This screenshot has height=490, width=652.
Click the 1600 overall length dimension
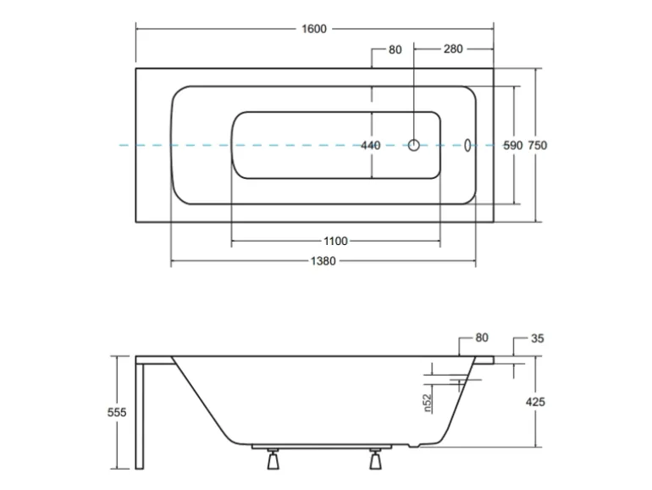314,29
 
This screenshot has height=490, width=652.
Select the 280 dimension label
452,49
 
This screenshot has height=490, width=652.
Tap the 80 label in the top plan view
395,49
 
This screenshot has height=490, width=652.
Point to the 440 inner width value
371,146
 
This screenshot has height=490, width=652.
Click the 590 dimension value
514,146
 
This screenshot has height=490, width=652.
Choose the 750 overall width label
538,146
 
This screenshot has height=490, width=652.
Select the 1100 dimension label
334,242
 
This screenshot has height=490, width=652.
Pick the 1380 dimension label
323,261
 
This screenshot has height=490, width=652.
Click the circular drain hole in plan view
415,145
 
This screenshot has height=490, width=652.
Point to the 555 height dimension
117,412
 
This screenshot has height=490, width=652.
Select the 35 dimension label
538,338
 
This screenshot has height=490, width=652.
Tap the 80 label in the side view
482,338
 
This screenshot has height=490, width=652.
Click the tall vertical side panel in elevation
141,415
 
